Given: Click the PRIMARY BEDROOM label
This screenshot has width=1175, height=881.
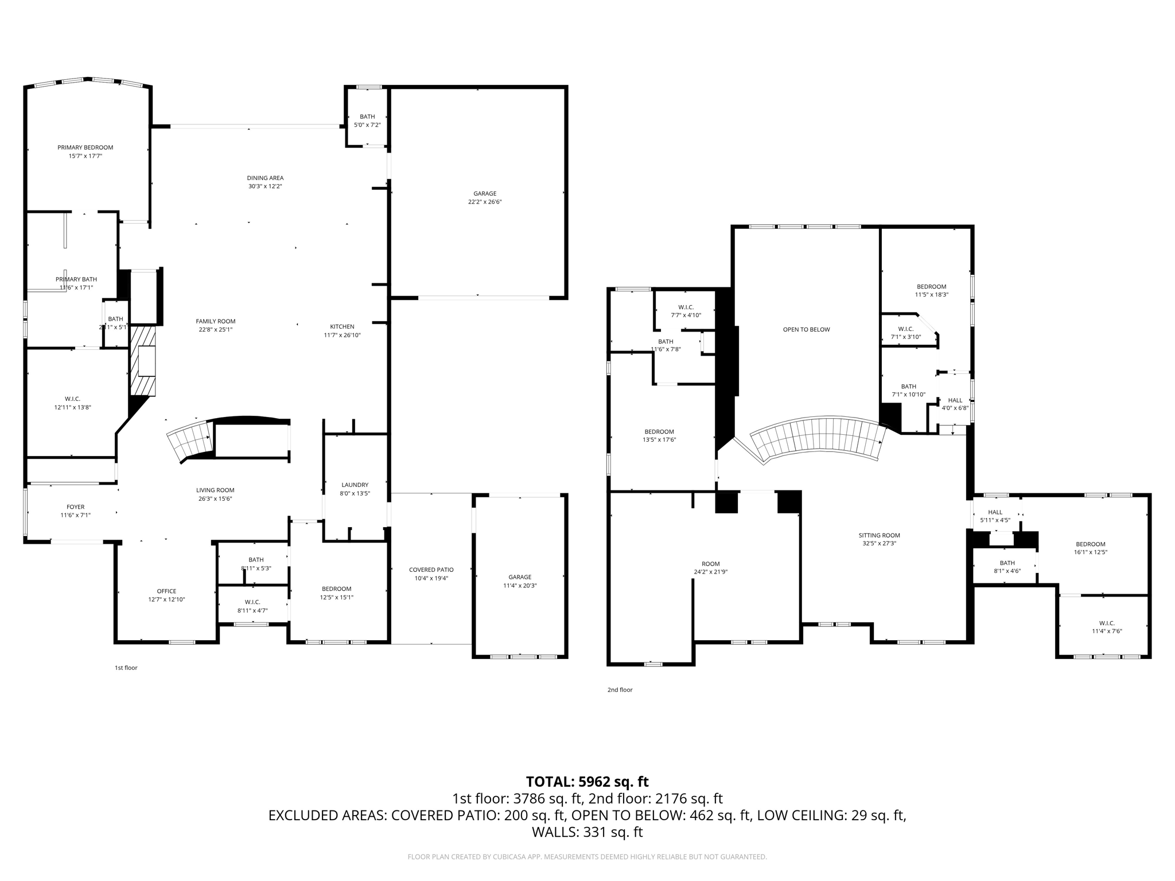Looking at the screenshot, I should click(85, 148).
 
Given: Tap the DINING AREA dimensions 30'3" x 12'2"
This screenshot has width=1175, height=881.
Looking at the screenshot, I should click(264, 186).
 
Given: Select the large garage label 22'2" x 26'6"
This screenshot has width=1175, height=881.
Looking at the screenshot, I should click(484, 202).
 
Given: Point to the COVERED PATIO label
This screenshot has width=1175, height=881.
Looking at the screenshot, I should click(431, 570).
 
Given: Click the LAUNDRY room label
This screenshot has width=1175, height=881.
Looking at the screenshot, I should click(355, 485).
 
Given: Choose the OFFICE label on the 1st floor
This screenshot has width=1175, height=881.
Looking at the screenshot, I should click(166, 591).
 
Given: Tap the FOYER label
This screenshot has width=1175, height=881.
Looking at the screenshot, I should click(75, 507).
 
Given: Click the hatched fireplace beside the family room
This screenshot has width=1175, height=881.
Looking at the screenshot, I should click(143, 361).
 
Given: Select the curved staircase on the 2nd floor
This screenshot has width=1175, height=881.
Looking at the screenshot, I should click(818, 439).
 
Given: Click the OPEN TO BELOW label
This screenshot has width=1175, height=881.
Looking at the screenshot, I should click(806, 330).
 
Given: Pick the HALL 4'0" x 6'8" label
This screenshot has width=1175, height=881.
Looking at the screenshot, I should click(955, 401).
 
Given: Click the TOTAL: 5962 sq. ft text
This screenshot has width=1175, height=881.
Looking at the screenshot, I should click(587, 782).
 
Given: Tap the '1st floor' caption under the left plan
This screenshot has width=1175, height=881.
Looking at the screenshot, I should click(126, 668).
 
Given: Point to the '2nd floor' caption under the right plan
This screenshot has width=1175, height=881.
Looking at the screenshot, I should click(620, 690).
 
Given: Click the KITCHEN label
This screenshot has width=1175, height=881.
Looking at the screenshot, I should click(342, 327).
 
